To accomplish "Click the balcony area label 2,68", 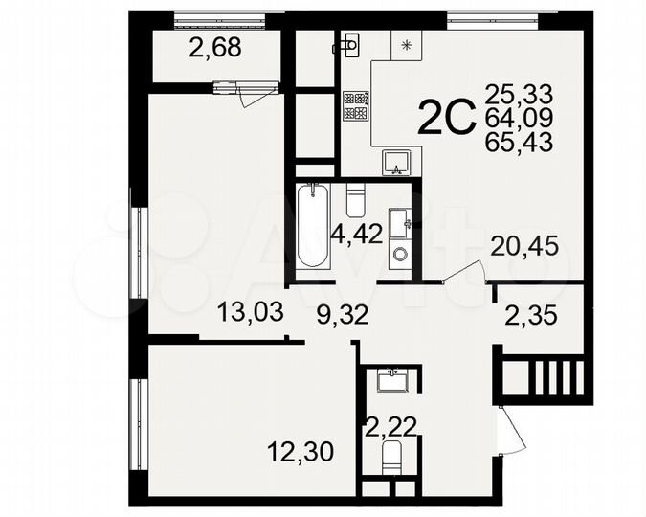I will click(x=214, y=48).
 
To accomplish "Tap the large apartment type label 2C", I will click(x=447, y=120).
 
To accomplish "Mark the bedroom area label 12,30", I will click(x=300, y=450).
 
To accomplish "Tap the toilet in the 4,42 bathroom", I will click(x=355, y=201).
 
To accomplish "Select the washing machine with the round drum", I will click(x=399, y=255).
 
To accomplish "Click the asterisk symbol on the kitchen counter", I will click(x=407, y=44).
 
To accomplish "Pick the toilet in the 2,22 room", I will click(x=393, y=459).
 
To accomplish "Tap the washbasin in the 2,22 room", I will click(x=394, y=380).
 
